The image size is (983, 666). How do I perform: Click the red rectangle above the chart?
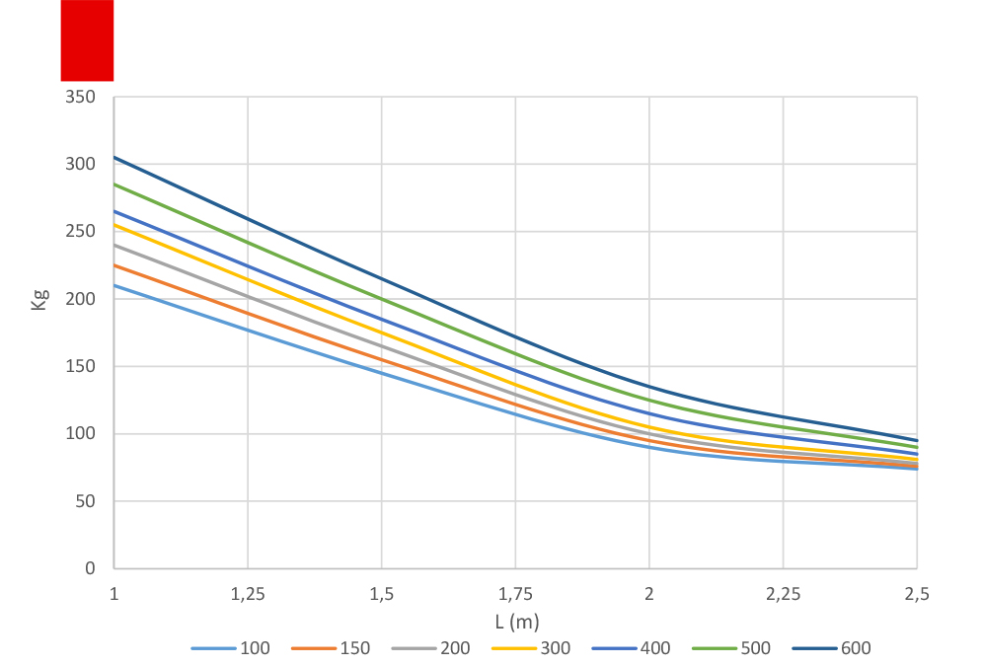click(87, 40)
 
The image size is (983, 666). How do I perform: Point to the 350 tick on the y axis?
click(81, 97)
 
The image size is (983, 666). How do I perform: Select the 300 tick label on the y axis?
click(81, 164)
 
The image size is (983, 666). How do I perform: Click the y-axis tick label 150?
click(81, 366)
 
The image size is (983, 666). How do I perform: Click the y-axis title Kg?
click(39, 299)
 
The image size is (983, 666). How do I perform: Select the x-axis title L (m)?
click(516, 622)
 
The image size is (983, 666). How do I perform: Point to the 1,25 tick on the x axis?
click(248, 595)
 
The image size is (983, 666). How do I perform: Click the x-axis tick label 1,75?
click(515, 595)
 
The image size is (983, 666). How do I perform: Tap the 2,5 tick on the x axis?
click(917, 595)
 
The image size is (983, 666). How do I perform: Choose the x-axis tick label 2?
click(649, 595)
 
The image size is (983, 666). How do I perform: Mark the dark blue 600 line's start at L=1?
click(114, 157)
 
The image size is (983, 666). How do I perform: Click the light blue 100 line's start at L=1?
click(114, 285)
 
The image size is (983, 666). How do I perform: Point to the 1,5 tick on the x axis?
click(382, 595)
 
